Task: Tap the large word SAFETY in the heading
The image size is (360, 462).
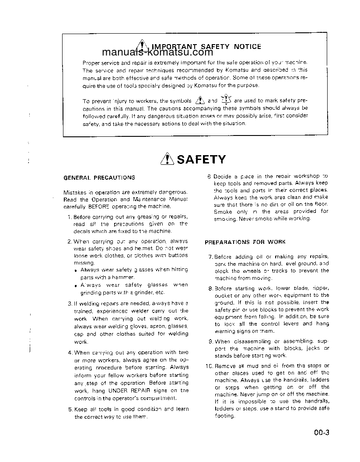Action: click(201, 160)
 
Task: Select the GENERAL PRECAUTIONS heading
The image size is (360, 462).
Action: click(99, 177)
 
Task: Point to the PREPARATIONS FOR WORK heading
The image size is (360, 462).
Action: click(245, 242)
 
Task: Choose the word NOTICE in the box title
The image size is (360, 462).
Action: click(247, 46)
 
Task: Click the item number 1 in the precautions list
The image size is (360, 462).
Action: click(70, 217)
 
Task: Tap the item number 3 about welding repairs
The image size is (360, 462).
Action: click(70, 303)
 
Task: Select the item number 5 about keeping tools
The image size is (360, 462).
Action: click(70, 410)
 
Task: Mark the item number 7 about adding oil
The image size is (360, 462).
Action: click(210, 257)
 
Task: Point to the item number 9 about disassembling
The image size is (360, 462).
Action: click(210, 341)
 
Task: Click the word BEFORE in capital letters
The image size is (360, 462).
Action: click(101, 206)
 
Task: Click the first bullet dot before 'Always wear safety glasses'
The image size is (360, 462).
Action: click(76, 271)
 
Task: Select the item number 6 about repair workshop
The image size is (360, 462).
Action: click(210, 176)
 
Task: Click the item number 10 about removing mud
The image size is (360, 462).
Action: click(209, 366)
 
